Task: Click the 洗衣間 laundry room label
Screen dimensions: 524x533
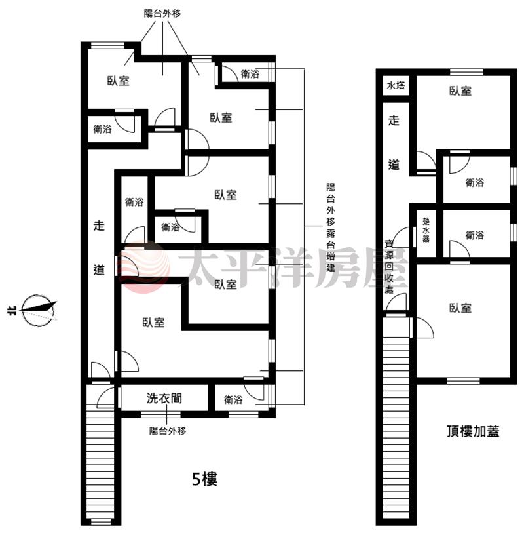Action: click(x=164, y=398)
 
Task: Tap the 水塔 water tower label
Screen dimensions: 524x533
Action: click(x=396, y=85)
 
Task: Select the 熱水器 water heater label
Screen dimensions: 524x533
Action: click(x=426, y=230)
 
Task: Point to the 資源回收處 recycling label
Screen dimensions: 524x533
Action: click(x=389, y=266)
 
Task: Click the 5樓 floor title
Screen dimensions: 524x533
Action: click(x=204, y=479)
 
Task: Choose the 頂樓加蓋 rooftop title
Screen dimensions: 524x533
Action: click(x=473, y=431)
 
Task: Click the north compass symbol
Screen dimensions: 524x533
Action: click(x=38, y=310)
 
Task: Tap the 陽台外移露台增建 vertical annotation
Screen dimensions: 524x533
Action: click(x=331, y=227)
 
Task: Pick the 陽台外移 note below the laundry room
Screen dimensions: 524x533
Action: click(x=168, y=431)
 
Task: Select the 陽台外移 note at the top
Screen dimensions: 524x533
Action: click(x=162, y=14)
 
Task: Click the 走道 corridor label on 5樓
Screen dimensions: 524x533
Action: click(x=99, y=248)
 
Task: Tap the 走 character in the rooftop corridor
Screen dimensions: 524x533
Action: click(x=394, y=121)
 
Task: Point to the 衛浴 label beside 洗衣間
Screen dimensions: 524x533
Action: click(x=233, y=399)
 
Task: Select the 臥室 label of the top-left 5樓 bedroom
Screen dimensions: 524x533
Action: click(x=118, y=81)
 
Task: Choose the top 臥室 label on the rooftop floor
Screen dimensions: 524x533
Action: click(x=460, y=90)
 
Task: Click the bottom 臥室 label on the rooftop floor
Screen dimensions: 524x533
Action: click(x=460, y=308)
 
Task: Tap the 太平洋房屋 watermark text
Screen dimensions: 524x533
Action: click(x=293, y=267)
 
